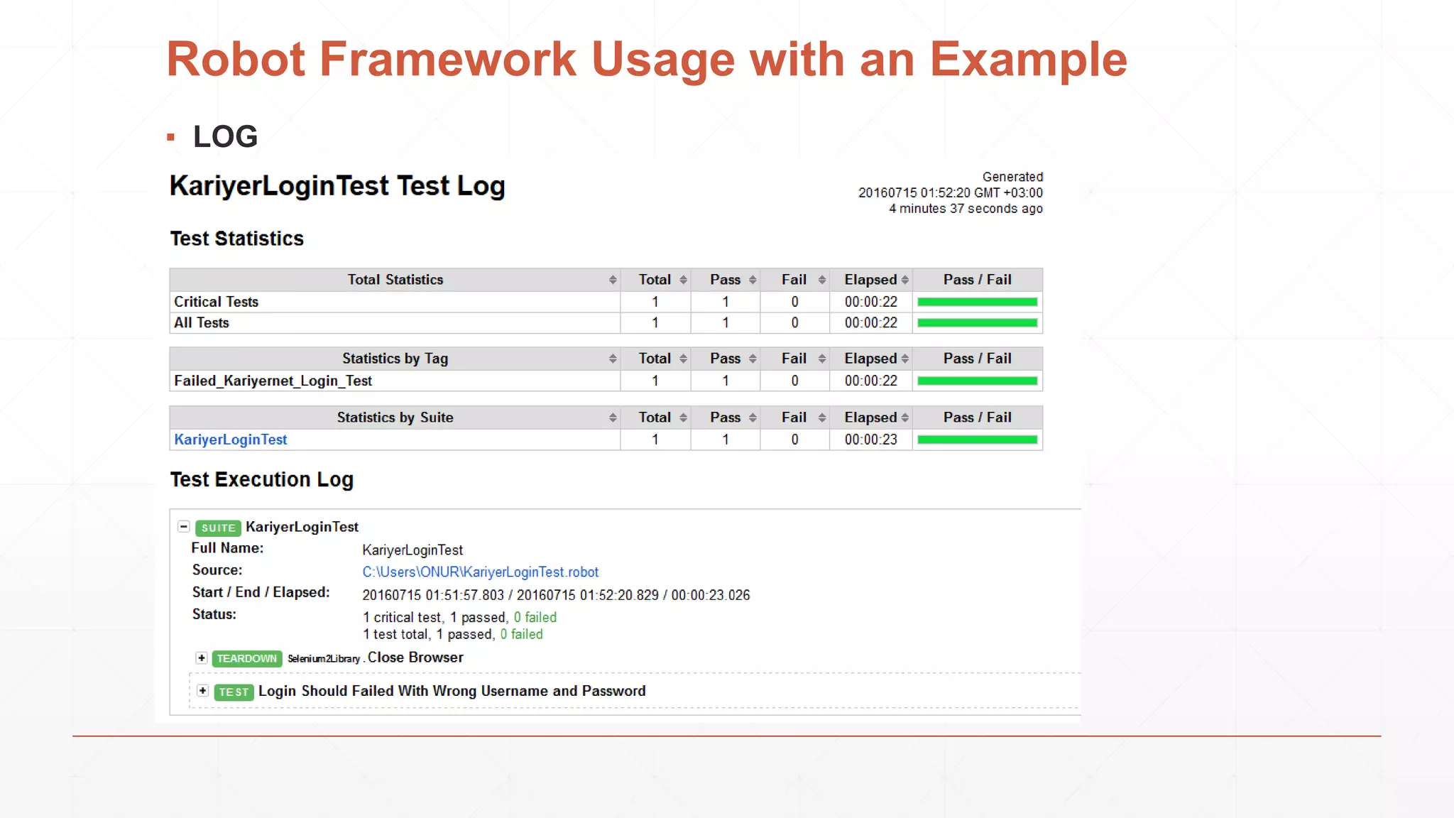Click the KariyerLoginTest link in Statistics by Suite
[231, 440]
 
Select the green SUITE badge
[218, 528]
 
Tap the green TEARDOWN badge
[246, 658]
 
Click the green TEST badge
[234, 692]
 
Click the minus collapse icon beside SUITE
[184, 527]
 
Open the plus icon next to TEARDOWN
[202, 658]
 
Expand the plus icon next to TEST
[203, 691]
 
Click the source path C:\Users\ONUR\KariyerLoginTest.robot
[480, 572]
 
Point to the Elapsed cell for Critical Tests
[870, 302]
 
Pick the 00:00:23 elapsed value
[870, 440]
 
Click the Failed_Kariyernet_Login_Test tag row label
[273, 381]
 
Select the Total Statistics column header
[395, 280]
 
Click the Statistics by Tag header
[395, 359]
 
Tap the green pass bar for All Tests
[977, 323]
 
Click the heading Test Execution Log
[261, 480]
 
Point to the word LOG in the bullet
[225, 136]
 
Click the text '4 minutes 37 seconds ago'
[966, 209]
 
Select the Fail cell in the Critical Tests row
[794, 302]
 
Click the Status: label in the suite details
[214, 614]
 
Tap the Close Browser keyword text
[415, 658]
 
